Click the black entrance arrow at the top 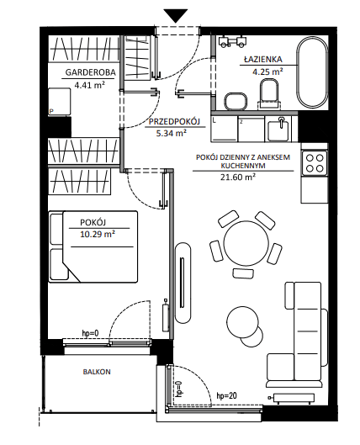[176, 15]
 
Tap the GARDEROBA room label [91, 72]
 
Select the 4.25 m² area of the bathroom [267, 72]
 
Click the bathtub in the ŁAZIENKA [312, 72]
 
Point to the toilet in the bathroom [268, 93]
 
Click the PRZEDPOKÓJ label [174, 122]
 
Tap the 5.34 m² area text [171, 133]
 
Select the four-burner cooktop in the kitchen [315, 163]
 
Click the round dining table [246, 243]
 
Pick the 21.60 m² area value [237, 177]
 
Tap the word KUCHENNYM [243, 166]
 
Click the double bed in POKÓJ [93, 246]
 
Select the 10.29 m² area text [98, 234]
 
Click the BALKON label [97, 372]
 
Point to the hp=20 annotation [226, 395]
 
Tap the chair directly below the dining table [243, 273]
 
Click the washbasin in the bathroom [236, 101]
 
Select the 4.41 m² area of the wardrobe [89, 85]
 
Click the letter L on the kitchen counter [214, 120]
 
